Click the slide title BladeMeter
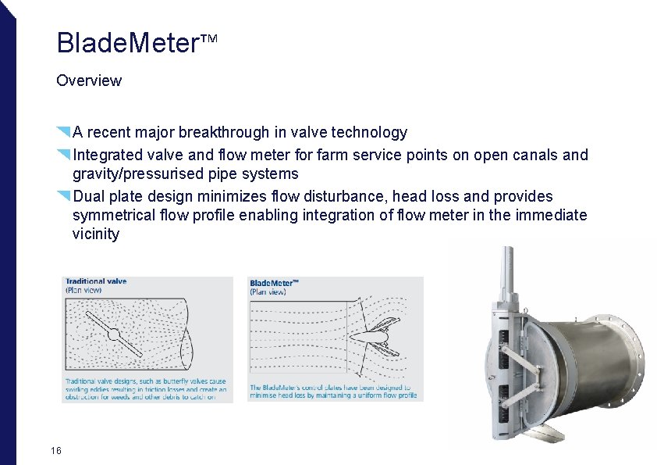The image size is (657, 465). [128, 44]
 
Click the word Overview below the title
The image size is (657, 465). [89, 80]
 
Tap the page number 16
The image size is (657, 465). [55, 451]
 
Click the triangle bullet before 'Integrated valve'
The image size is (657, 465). [64, 152]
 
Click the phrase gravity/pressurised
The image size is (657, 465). [141, 173]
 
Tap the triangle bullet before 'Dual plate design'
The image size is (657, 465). [64, 194]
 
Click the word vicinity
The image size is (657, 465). [96, 234]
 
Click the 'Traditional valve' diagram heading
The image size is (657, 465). [96, 281]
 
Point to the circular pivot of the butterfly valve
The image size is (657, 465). [113, 334]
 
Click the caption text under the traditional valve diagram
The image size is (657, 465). [145, 388]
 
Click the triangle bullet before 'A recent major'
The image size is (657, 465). [64, 131]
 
